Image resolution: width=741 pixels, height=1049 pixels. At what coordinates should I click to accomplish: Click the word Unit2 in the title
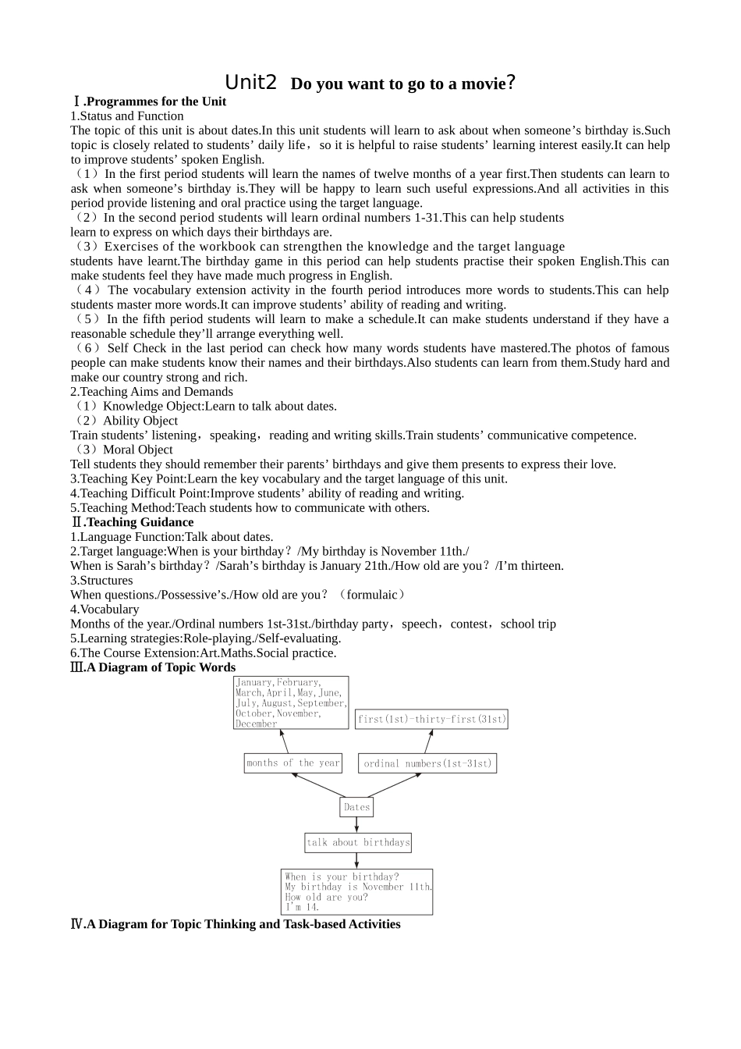click(250, 83)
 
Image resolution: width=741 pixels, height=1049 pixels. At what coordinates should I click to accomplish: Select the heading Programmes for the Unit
click(154, 101)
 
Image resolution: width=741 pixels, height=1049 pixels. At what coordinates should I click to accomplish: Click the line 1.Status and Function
click(127, 116)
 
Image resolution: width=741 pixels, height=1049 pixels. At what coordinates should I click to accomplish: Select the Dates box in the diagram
click(356, 807)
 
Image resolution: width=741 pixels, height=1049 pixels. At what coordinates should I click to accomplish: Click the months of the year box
click(293, 763)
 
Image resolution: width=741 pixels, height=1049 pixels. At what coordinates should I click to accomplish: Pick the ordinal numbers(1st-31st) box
click(427, 763)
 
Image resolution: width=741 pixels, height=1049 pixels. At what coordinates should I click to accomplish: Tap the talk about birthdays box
click(357, 842)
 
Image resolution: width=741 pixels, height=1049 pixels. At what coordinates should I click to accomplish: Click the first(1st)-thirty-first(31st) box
click(431, 719)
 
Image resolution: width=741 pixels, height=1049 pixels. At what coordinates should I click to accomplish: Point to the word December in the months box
click(256, 724)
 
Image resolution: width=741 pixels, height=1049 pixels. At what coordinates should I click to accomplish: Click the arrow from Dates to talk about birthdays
click(356, 825)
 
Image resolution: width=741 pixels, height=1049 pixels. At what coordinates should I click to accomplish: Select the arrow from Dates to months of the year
click(318, 785)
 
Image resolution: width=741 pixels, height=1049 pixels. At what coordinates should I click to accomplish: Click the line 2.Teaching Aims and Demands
click(151, 392)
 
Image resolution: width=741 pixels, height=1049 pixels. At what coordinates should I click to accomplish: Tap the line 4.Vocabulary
click(105, 610)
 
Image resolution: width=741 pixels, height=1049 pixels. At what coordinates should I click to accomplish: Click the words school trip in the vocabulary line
click(528, 624)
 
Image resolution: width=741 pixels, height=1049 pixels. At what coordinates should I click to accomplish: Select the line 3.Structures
click(101, 581)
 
